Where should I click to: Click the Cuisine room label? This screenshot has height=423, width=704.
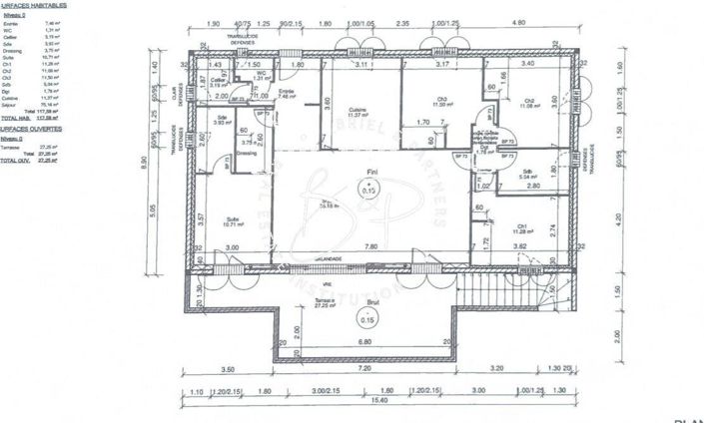(355, 111)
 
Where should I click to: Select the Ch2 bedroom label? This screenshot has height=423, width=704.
(528, 100)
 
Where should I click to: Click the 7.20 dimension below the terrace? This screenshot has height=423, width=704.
(365, 368)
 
